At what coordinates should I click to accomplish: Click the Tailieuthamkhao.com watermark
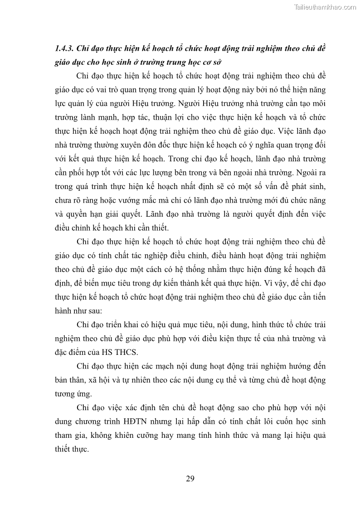coord(325,7)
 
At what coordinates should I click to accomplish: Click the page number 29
coord(190,479)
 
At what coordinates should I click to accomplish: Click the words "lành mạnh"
coord(99,118)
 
